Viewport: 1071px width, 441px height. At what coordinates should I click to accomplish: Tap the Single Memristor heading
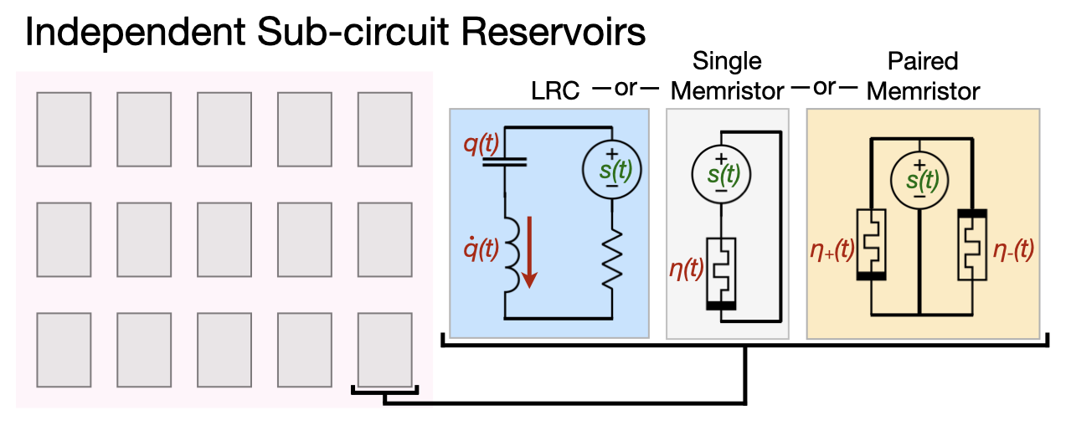pyautogui.click(x=727, y=75)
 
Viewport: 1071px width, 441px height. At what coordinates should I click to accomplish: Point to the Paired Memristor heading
pyautogui.click(x=924, y=75)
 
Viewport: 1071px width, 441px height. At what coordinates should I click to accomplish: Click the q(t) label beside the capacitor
pyautogui.click(x=481, y=146)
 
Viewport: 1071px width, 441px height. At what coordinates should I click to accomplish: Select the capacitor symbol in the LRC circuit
pyautogui.click(x=506, y=162)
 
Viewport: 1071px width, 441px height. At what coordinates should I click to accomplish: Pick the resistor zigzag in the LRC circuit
pyautogui.click(x=612, y=255)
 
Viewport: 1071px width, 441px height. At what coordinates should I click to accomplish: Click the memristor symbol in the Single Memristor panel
pyautogui.click(x=721, y=273)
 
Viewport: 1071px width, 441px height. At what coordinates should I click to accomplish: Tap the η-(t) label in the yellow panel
pyautogui.click(x=1011, y=249)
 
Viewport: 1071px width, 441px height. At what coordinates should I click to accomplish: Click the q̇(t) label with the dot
pyautogui.click(x=481, y=249)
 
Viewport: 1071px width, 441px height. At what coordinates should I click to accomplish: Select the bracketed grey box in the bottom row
pyautogui.click(x=384, y=347)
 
